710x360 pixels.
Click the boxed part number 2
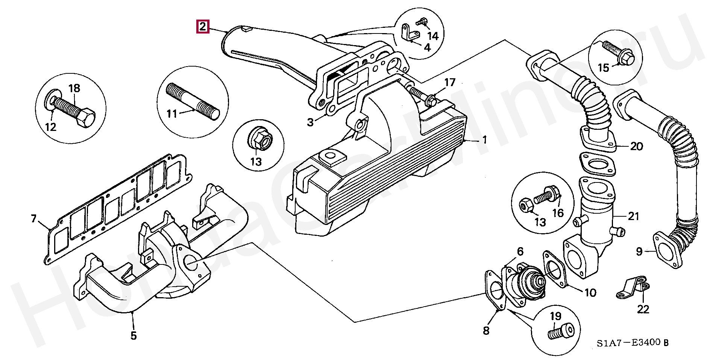coord(202,27)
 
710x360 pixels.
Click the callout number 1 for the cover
coord(485,140)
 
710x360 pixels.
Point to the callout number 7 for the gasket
coord(33,219)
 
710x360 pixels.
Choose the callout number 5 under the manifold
coord(134,335)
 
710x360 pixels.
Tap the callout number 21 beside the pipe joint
coord(633,216)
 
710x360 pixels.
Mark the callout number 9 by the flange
coord(639,251)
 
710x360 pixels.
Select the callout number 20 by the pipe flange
coord(636,146)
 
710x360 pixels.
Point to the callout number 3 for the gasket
coord(310,122)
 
